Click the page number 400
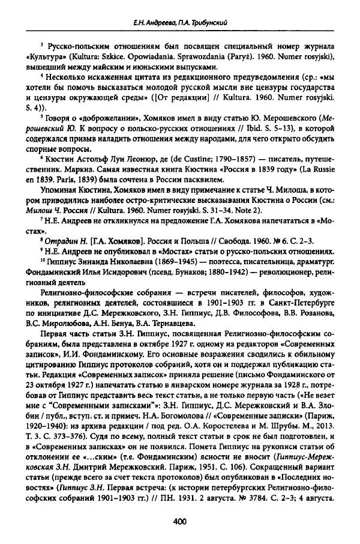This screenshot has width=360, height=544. pos(180,522)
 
